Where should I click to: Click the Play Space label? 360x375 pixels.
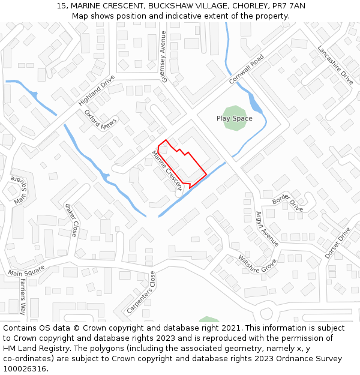tap(234, 118)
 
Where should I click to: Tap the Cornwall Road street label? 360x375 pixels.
tap(246, 70)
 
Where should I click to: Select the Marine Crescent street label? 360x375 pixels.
tap(166, 170)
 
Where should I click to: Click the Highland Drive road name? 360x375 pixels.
tap(96, 91)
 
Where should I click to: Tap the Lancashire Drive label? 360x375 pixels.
tap(335, 64)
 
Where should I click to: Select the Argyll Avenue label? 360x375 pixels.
tap(267, 229)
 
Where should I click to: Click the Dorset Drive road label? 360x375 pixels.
tap(337, 242)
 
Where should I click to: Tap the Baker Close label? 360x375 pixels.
tap(71, 220)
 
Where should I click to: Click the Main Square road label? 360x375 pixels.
tap(26, 271)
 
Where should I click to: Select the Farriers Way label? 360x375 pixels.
tap(23, 296)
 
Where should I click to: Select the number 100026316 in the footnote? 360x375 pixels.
tap(24, 368)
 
